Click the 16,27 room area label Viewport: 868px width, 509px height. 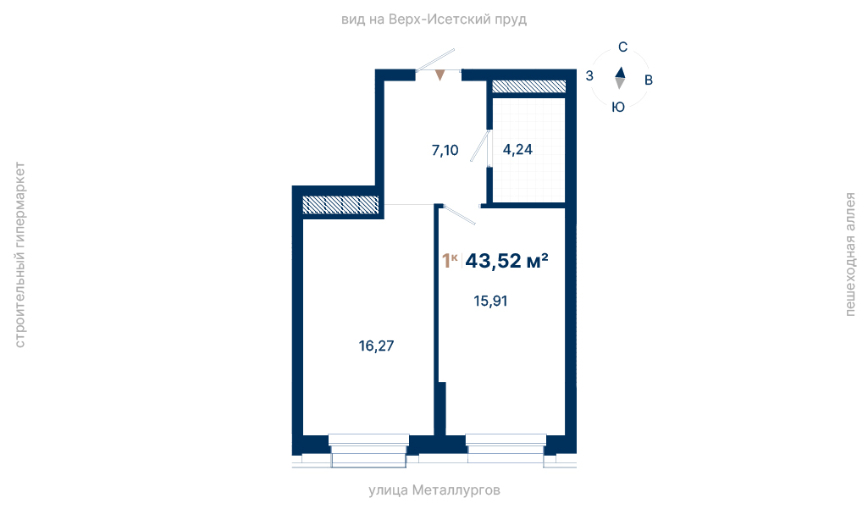[x=377, y=346]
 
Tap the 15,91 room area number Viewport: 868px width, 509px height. [x=490, y=302]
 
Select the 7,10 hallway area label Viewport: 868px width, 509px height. [x=445, y=150]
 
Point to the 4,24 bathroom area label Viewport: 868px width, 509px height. [x=517, y=150]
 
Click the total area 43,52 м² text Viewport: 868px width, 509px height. [x=506, y=260]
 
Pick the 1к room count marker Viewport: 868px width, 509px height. [x=450, y=260]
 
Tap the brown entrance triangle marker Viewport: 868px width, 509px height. [x=440, y=75]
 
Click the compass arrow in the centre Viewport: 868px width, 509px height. [x=620, y=78]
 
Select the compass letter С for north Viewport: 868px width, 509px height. [x=622, y=47]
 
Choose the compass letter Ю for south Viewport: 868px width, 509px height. [x=618, y=107]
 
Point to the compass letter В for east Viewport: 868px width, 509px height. [x=649, y=80]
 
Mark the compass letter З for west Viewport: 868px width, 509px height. [x=589, y=76]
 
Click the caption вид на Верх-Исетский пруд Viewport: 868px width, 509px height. [x=434, y=20]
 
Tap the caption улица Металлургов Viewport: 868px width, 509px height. [x=434, y=490]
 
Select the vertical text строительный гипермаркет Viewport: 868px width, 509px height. [x=20, y=255]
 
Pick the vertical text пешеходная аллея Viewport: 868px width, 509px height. [x=849, y=254]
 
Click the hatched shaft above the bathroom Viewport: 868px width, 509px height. [x=528, y=86]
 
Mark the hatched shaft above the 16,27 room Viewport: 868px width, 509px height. [x=340, y=205]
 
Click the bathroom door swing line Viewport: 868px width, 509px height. [x=480, y=146]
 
